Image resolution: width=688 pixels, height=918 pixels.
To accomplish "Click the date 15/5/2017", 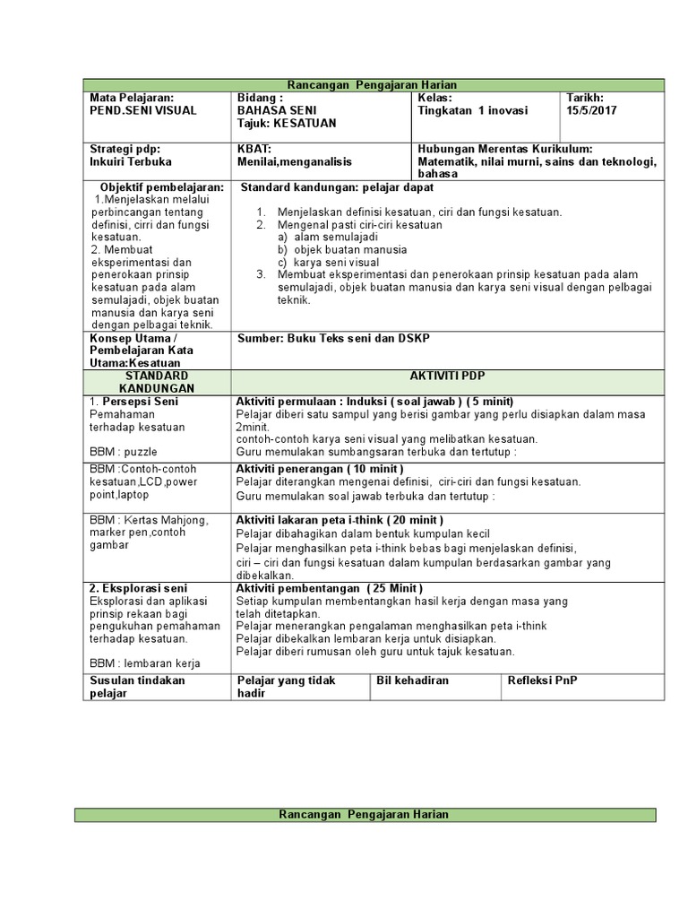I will [x=592, y=110].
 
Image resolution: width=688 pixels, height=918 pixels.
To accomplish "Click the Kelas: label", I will [x=435, y=97].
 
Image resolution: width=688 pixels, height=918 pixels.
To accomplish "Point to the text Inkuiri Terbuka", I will [x=130, y=162].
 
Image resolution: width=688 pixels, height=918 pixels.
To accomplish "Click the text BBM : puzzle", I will [x=124, y=453].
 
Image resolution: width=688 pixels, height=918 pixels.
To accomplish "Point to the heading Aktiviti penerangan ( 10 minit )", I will [x=320, y=469].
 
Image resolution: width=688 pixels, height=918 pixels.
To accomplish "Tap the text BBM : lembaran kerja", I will [x=145, y=663].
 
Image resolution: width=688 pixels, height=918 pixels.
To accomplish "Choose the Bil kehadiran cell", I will [x=413, y=680].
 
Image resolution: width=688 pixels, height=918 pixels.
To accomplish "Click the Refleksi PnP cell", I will [x=543, y=680].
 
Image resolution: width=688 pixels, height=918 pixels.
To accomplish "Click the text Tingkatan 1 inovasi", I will [x=473, y=110].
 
